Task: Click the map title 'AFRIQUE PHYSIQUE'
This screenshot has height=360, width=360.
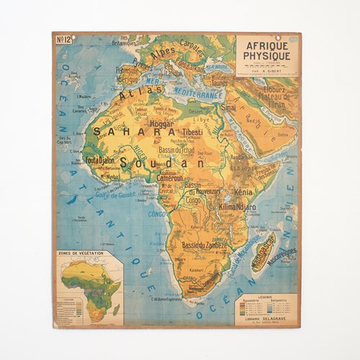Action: (266, 50)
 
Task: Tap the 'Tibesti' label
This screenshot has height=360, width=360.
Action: (192, 132)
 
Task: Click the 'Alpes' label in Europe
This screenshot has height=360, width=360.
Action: (162, 52)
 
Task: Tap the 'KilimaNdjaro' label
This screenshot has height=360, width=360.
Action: (237, 207)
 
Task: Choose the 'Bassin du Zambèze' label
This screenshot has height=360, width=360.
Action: (204, 246)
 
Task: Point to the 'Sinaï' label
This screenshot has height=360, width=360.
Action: (228, 106)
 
